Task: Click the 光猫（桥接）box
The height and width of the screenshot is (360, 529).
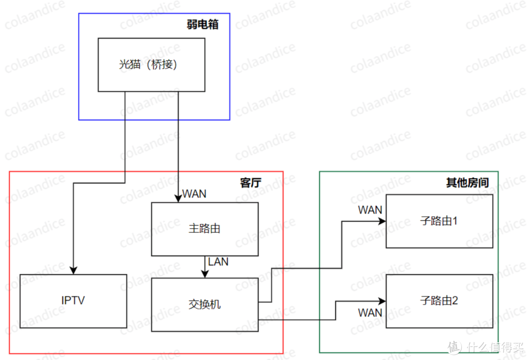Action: click(151, 65)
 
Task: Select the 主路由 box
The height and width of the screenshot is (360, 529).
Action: click(204, 229)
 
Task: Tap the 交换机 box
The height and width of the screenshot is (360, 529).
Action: click(204, 304)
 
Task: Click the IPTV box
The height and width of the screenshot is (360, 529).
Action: click(73, 300)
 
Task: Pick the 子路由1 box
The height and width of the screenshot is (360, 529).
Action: click(438, 221)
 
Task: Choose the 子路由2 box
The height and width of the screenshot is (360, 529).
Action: click(438, 301)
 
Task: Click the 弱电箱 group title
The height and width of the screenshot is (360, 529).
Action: click(202, 25)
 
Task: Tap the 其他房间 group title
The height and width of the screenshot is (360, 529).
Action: click(467, 183)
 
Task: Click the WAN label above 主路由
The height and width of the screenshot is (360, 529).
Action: click(194, 194)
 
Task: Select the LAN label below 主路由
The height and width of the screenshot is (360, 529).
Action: click(218, 262)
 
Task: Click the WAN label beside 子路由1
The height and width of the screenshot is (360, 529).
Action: click(370, 210)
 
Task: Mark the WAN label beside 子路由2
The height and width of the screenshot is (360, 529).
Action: click(370, 312)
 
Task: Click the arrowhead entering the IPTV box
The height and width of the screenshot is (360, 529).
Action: click(73, 270)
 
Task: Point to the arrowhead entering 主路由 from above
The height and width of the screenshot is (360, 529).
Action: click(178, 198)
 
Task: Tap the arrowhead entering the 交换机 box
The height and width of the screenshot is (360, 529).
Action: click(204, 274)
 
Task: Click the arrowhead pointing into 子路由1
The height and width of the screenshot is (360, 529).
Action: click(382, 221)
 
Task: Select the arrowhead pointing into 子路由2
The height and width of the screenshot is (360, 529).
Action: click(382, 301)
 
